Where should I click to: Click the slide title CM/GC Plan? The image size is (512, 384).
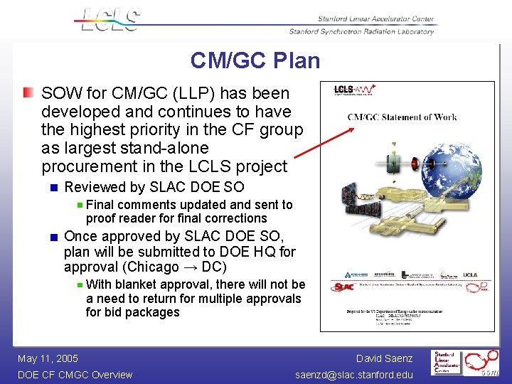pos(255,60)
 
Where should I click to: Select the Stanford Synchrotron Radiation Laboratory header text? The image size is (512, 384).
pos(361,31)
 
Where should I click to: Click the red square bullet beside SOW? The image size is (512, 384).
pos(27,93)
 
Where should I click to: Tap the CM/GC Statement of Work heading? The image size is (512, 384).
pos(402,117)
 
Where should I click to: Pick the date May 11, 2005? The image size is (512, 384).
pos(48,358)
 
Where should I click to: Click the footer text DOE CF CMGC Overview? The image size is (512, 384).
pos(75,375)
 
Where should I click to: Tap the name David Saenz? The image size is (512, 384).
pos(384,358)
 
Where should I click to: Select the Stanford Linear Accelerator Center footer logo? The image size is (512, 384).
pos(446,363)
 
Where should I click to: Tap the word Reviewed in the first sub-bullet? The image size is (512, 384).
pos(92,187)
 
